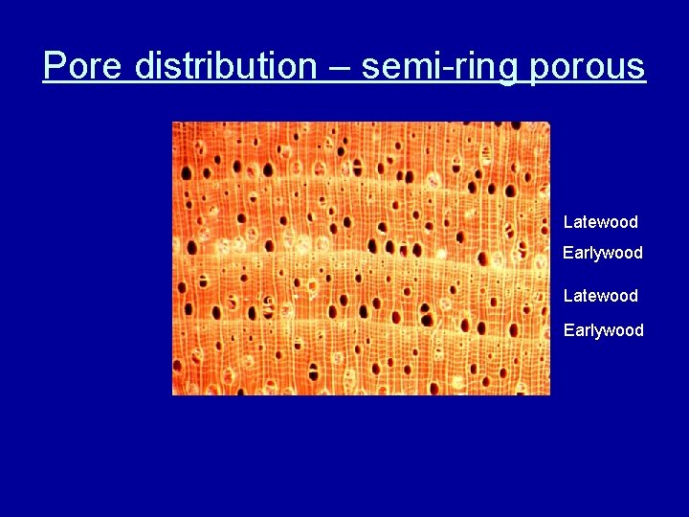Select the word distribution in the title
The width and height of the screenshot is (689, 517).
(x=225, y=67)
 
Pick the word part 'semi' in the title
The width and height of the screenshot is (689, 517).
(x=400, y=67)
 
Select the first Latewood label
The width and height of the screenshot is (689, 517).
(x=600, y=222)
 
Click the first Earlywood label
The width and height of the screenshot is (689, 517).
(x=603, y=254)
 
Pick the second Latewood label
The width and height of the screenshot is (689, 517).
(x=600, y=296)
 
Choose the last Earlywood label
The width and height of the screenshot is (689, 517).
(x=603, y=330)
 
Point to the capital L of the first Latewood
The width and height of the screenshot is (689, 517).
(x=567, y=222)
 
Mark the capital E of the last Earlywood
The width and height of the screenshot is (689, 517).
(x=567, y=330)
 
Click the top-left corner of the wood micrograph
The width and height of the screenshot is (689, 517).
(x=173, y=123)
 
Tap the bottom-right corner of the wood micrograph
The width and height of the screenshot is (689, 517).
(x=549, y=393)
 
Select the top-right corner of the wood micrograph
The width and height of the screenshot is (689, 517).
(x=549, y=123)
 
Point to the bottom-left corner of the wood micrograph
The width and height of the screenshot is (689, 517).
(x=173, y=393)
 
